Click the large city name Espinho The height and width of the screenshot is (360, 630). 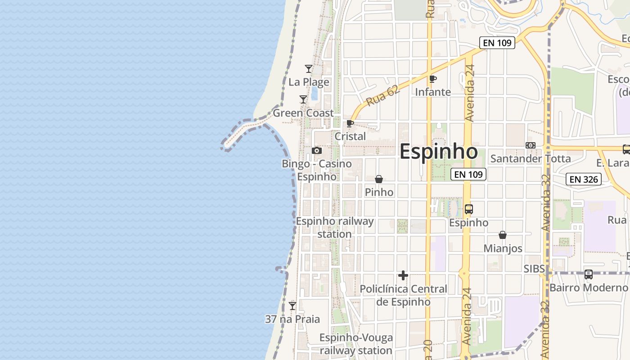[438, 152]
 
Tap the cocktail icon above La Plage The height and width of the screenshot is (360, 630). [309, 69]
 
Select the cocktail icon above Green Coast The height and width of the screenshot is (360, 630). [303, 99]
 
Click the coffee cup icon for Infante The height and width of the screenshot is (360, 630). [433, 79]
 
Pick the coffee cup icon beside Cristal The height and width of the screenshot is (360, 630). [350, 123]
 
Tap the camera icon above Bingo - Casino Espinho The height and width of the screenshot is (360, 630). [317, 151]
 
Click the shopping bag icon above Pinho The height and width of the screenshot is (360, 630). [379, 179]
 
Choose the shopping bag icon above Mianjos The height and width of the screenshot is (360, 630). [503, 235]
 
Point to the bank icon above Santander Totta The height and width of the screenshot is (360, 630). [531, 145]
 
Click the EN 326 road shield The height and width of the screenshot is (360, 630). [584, 180]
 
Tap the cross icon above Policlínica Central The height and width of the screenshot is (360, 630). [403, 275]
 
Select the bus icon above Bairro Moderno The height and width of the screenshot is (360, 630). [588, 274]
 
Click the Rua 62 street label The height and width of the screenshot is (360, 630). [377, 97]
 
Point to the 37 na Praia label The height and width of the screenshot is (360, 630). [292, 319]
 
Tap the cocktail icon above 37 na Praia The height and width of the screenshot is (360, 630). [292, 306]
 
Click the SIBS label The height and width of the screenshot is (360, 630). [534, 269]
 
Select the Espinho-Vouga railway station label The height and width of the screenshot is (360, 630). [356, 344]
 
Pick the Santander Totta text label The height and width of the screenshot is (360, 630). [531, 159]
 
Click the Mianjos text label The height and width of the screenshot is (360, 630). [503, 248]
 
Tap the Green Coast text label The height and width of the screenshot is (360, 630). [303, 113]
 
